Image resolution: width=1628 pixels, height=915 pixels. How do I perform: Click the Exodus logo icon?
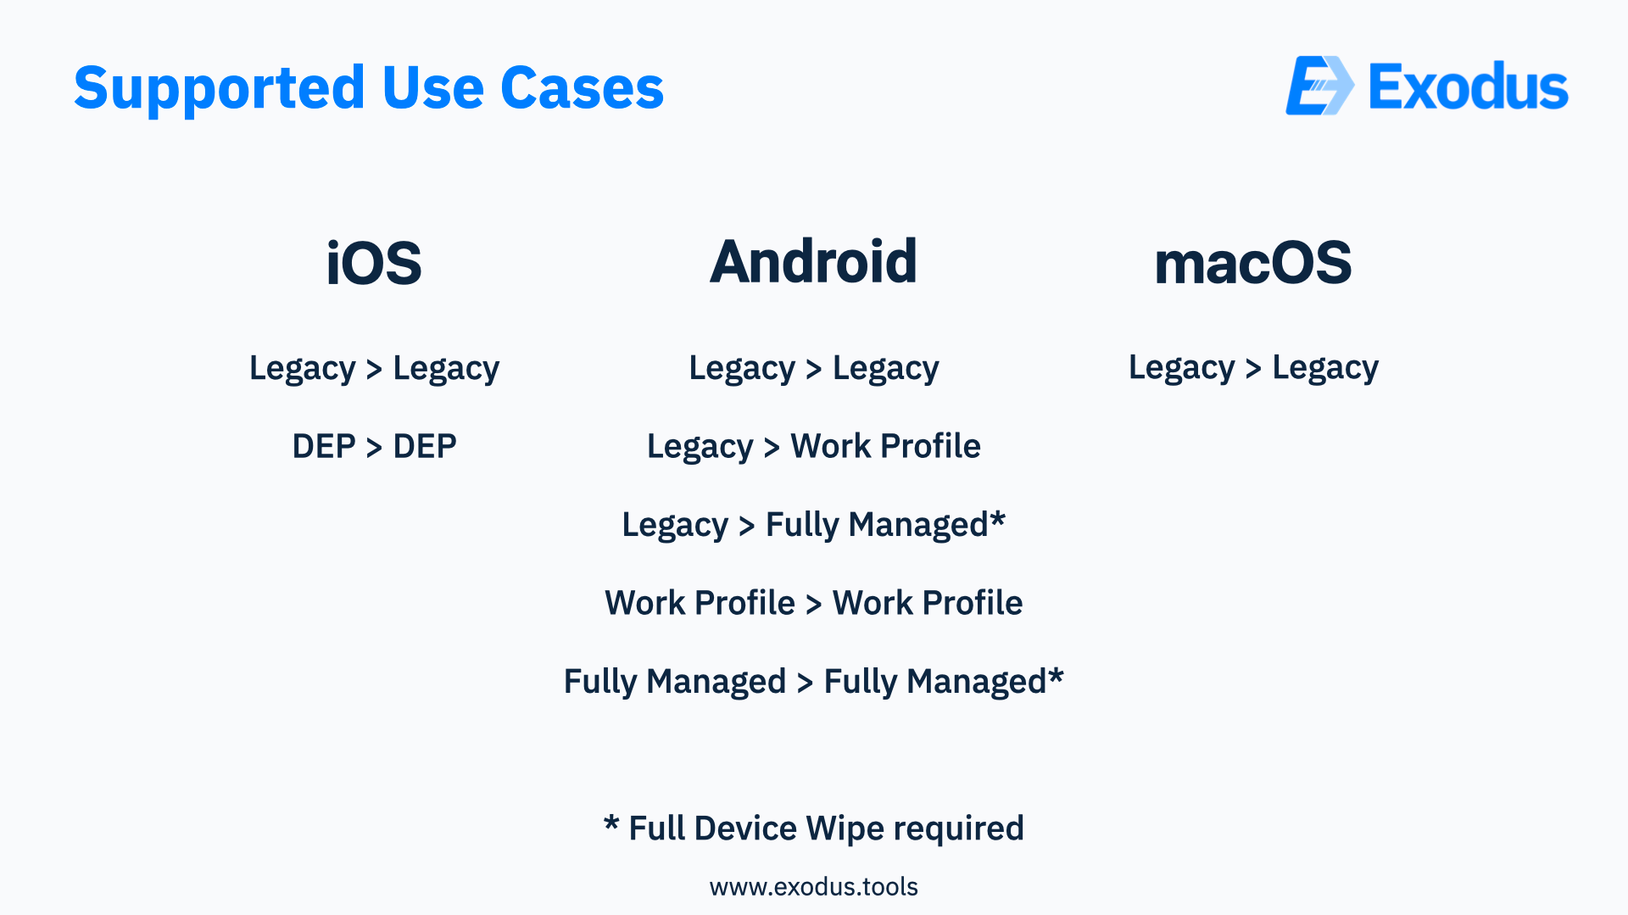(x=1319, y=86)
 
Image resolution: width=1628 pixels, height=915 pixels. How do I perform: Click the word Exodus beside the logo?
(x=1469, y=86)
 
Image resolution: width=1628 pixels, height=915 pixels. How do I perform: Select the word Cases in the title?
(x=582, y=87)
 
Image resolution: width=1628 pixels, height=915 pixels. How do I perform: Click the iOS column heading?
(x=374, y=263)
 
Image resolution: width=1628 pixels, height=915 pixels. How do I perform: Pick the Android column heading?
(x=813, y=261)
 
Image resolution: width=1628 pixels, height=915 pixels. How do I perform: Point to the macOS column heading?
(x=1253, y=263)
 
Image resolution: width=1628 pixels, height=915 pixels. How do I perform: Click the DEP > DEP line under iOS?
(x=374, y=446)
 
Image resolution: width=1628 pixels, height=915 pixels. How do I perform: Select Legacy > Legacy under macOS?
(x=1253, y=369)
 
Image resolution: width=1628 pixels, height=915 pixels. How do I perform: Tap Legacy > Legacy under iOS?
(x=374, y=369)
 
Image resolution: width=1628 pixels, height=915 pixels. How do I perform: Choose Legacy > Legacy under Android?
(x=814, y=369)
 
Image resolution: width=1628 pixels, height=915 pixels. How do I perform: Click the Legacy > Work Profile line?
(x=814, y=447)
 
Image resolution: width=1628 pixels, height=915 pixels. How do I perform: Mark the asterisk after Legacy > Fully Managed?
(x=998, y=516)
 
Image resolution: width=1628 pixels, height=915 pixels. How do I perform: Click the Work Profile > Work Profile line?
(x=814, y=603)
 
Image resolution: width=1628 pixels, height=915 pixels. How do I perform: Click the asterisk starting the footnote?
(x=611, y=822)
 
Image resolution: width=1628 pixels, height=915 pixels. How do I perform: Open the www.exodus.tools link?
(x=814, y=887)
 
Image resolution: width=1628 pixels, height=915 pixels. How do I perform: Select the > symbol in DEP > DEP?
(x=374, y=447)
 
